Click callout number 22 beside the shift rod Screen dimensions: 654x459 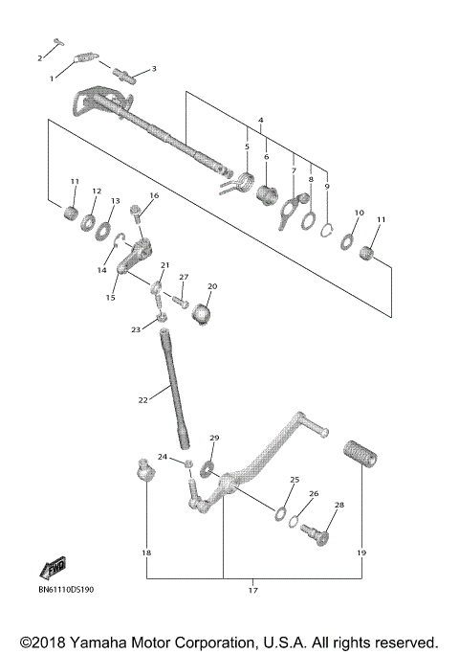tap(143, 399)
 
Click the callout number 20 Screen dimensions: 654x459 tap(212, 285)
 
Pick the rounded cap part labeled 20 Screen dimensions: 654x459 tap(203, 313)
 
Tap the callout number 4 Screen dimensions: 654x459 tap(260, 120)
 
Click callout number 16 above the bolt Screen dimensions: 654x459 tap(153, 196)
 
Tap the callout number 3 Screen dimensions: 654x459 tap(153, 69)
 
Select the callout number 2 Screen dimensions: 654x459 tap(40, 58)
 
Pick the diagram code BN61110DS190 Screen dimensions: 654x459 tap(74, 590)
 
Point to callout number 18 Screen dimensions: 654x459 tap(147, 553)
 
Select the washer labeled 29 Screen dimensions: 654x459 tap(208, 466)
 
